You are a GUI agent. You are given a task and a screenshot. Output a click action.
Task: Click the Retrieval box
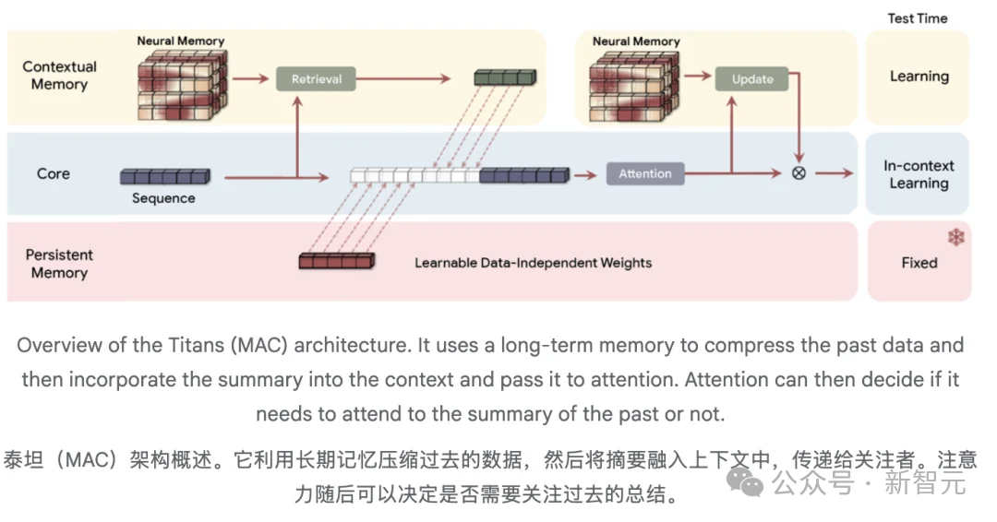tap(316, 79)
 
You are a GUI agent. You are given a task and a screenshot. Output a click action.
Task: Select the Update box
tap(752, 79)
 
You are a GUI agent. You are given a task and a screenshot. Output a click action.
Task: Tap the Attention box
tap(645, 173)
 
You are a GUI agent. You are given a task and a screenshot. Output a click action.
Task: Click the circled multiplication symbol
tap(799, 173)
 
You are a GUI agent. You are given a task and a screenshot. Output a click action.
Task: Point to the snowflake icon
tap(955, 238)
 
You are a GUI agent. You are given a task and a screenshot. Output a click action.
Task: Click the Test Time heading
tap(918, 18)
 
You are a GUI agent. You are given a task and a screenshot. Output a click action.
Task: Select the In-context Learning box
tap(919, 174)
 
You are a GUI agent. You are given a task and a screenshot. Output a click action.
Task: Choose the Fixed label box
tap(919, 263)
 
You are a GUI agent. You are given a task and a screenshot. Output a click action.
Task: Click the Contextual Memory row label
tap(59, 76)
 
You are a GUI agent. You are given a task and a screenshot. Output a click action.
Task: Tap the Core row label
tap(54, 173)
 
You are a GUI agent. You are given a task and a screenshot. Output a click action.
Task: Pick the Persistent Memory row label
tap(59, 263)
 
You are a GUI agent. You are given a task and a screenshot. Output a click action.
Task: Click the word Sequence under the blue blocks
tap(163, 197)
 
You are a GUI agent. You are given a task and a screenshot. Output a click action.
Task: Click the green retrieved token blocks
tap(504, 77)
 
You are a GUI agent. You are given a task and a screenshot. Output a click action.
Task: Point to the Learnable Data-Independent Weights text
tap(533, 263)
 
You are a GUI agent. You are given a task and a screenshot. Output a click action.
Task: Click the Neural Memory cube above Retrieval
tap(182, 83)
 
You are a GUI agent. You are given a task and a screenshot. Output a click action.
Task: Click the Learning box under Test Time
tap(919, 77)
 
